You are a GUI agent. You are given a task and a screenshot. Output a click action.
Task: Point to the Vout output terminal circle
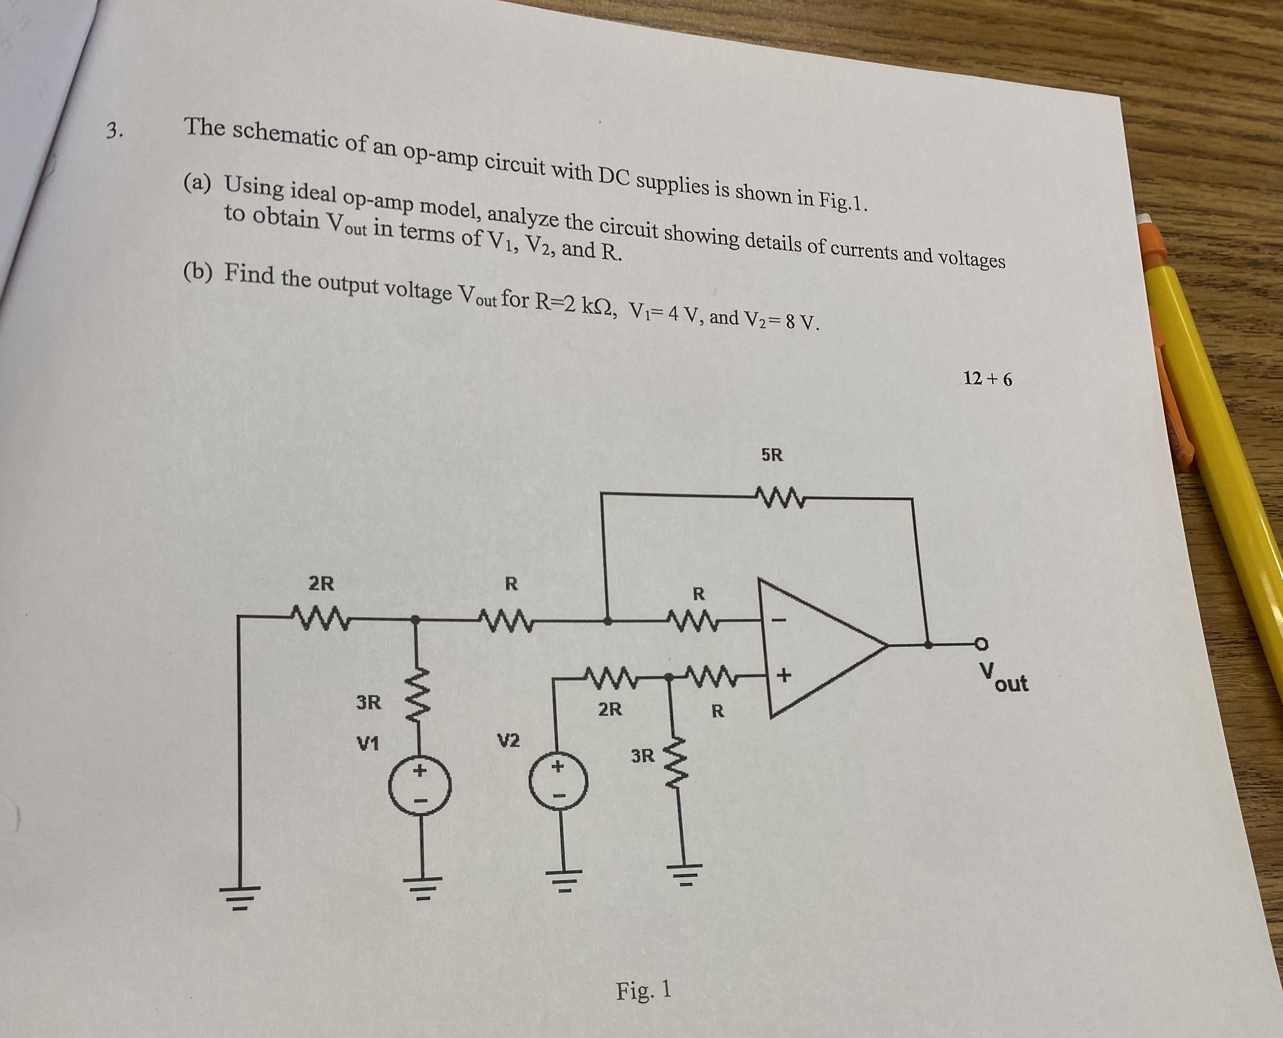(979, 644)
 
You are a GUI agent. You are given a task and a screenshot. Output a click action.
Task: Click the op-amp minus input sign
(778, 620)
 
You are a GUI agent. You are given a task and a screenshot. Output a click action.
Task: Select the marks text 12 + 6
(988, 378)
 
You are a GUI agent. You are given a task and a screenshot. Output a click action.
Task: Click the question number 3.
(114, 130)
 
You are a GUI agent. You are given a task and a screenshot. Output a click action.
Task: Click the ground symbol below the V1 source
(425, 883)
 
